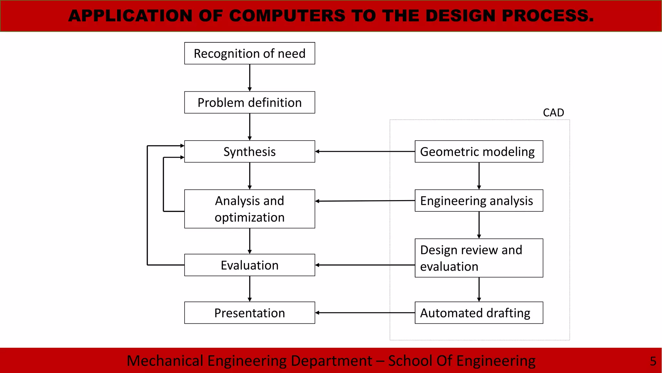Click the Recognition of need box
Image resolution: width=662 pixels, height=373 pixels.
[250, 53]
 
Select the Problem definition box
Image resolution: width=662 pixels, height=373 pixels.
[250, 102]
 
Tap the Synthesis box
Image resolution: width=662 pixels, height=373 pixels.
[250, 152]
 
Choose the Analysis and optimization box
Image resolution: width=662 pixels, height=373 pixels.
[250, 209]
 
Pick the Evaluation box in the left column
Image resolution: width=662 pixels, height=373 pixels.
[250, 265]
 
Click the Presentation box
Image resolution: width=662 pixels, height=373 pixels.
[250, 313]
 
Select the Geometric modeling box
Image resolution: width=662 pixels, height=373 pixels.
[479, 152]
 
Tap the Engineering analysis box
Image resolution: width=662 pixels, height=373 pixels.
[479, 201]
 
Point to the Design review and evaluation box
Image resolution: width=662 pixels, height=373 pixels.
[479, 258]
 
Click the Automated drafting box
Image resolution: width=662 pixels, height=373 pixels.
[479, 313]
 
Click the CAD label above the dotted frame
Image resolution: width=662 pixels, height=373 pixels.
[553, 113]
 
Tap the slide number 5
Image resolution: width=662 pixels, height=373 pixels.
[653, 361]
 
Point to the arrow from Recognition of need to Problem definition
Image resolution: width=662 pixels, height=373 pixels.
[250, 78]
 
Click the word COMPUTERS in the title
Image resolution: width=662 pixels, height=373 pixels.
[287, 16]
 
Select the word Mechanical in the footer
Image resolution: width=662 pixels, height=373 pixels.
[165, 361]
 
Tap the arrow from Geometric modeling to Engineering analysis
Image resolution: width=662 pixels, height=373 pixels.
[479, 176]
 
